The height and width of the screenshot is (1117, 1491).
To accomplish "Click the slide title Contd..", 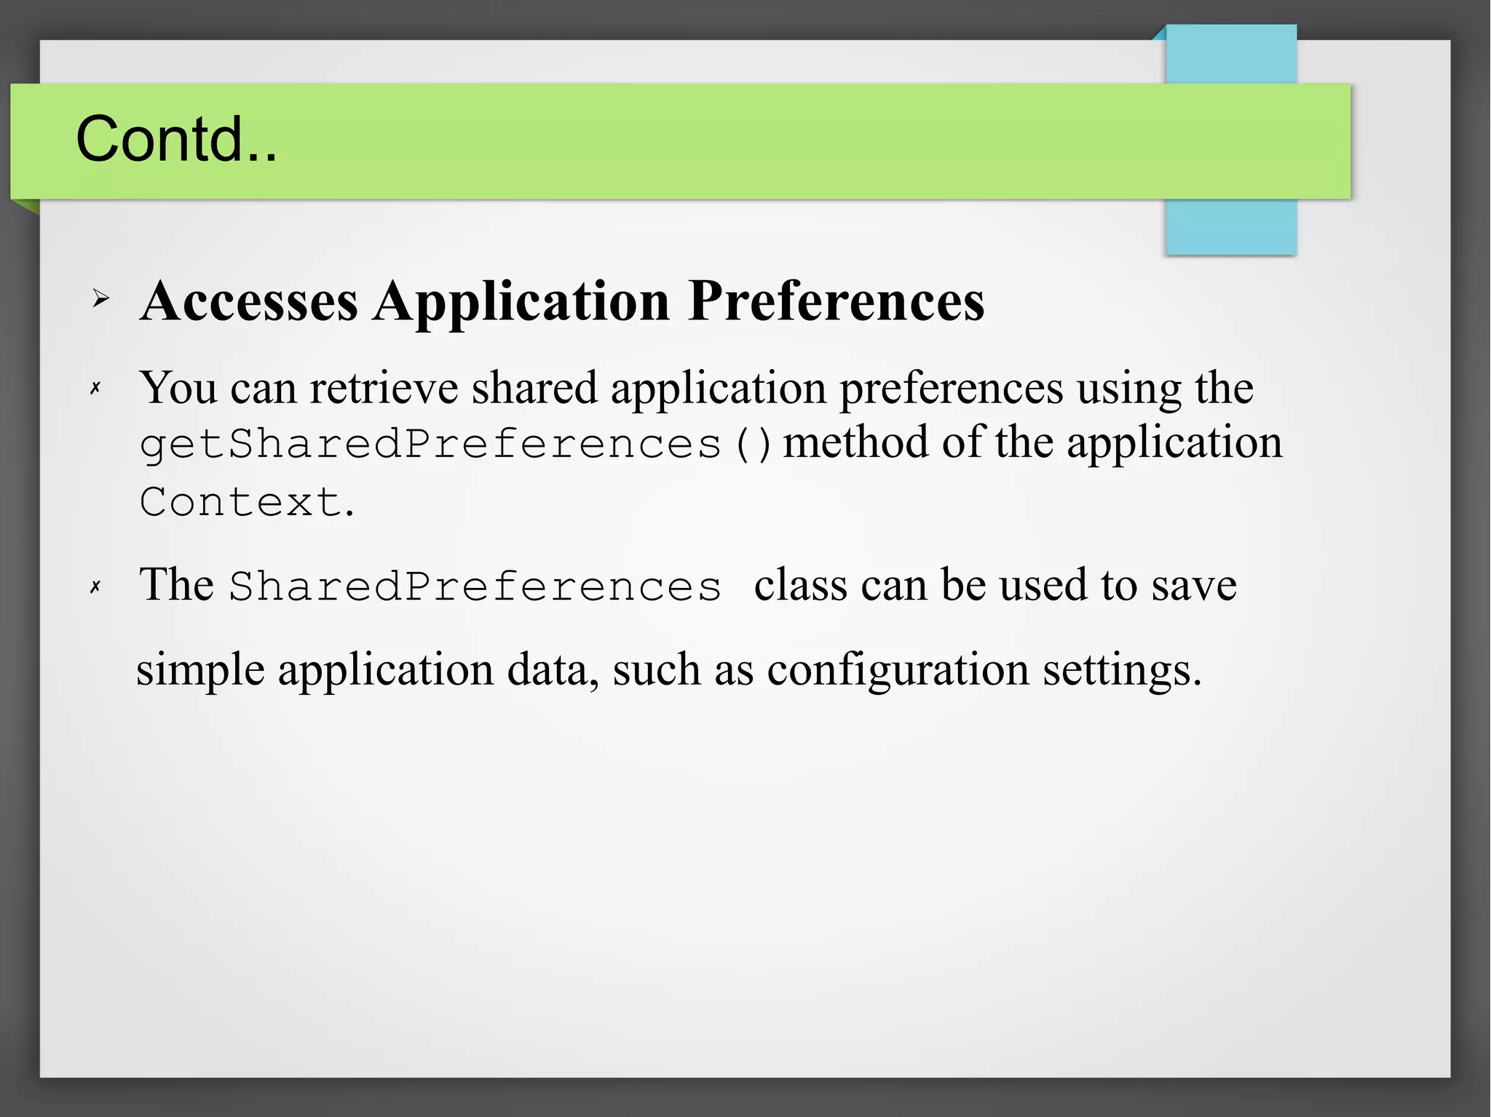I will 176,139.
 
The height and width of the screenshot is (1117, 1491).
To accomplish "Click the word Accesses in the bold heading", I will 249,301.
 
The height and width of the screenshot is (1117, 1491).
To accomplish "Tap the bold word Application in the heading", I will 521,301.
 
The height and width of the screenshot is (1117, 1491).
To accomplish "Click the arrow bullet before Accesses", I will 100,298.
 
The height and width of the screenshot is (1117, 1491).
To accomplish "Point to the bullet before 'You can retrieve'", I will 95,389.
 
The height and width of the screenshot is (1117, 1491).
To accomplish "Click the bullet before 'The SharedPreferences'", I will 95,587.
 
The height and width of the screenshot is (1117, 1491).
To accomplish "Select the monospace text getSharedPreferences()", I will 455,444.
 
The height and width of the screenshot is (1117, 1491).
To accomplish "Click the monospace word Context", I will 240,502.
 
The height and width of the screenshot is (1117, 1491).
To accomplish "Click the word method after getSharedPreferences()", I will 855,442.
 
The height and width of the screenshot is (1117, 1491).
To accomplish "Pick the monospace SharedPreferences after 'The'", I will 475,587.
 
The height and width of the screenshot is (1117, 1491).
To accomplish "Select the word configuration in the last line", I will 898,669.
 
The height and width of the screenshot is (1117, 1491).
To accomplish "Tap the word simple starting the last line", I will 200,669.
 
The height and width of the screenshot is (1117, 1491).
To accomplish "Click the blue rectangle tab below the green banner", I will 1230,227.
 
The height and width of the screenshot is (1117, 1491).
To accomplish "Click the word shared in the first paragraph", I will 534,388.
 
